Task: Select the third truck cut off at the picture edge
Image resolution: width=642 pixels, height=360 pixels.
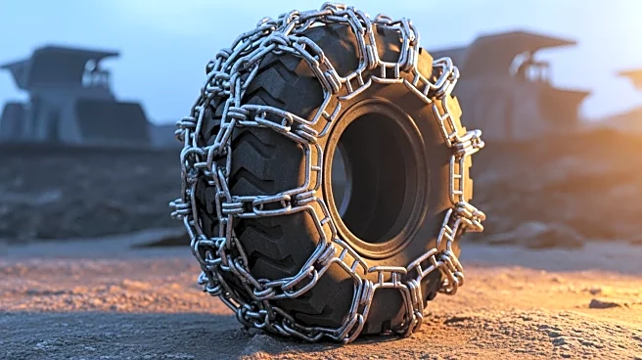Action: click(x=631, y=78)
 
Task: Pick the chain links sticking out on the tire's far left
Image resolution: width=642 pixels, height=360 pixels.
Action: click(x=181, y=207)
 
